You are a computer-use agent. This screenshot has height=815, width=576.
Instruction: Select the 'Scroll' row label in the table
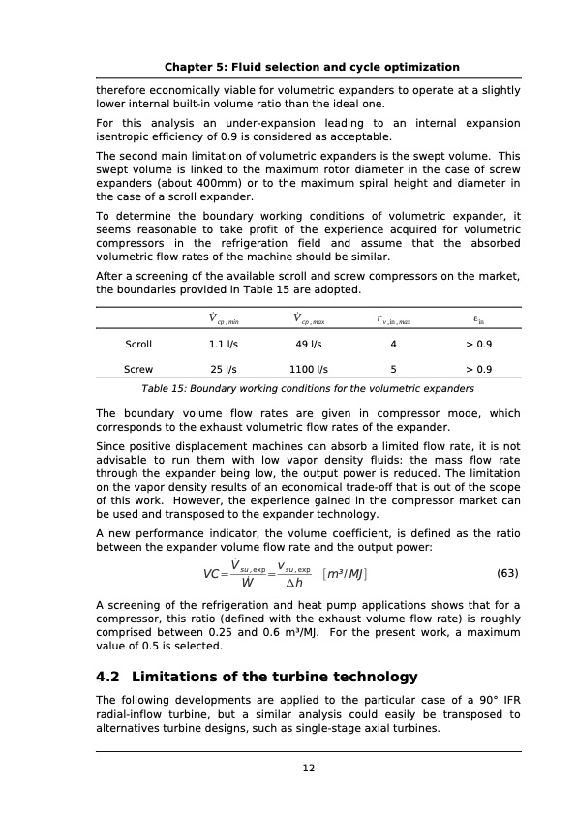tap(138, 344)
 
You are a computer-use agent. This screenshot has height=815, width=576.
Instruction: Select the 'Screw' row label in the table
tap(138, 369)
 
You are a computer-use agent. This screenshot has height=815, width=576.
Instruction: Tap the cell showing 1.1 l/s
tap(225, 344)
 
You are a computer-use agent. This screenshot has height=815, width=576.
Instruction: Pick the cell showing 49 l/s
tap(309, 344)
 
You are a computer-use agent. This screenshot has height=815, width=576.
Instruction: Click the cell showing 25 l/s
tap(225, 369)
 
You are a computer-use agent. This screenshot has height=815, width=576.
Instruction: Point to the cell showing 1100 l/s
tap(309, 369)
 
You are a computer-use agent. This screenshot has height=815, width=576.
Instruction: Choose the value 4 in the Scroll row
tap(393, 344)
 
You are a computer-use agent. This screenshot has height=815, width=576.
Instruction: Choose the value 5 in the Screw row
tap(393, 369)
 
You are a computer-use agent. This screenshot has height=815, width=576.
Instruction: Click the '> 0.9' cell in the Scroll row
tap(477, 344)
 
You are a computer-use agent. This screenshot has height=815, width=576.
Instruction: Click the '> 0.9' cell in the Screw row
tap(477, 369)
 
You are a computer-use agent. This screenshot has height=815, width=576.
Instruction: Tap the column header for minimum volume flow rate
tap(225, 318)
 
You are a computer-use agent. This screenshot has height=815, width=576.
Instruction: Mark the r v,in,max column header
tap(393, 318)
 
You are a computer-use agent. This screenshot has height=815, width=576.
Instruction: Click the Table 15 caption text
tap(308, 388)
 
